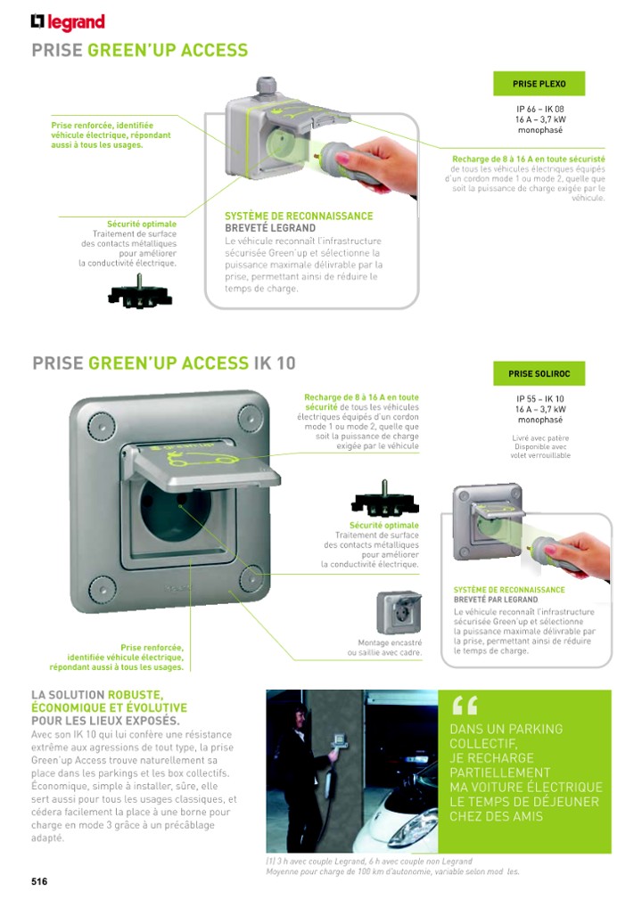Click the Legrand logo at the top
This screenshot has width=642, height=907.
click(x=68, y=22)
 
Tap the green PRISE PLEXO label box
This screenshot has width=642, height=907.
click(x=538, y=84)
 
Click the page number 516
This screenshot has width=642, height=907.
click(x=39, y=881)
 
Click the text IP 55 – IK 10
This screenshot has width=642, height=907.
click(x=539, y=399)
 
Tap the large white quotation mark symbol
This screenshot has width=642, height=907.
click(x=465, y=705)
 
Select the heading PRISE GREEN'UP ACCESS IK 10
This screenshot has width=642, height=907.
click(x=163, y=363)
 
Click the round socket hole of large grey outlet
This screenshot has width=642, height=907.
click(x=176, y=516)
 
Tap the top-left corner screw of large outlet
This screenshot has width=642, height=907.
click(x=97, y=417)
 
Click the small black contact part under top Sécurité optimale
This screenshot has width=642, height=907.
click(x=139, y=294)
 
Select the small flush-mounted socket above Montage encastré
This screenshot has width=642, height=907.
click(x=398, y=612)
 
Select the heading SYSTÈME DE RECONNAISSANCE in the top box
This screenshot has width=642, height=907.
click(x=299, y=217)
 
